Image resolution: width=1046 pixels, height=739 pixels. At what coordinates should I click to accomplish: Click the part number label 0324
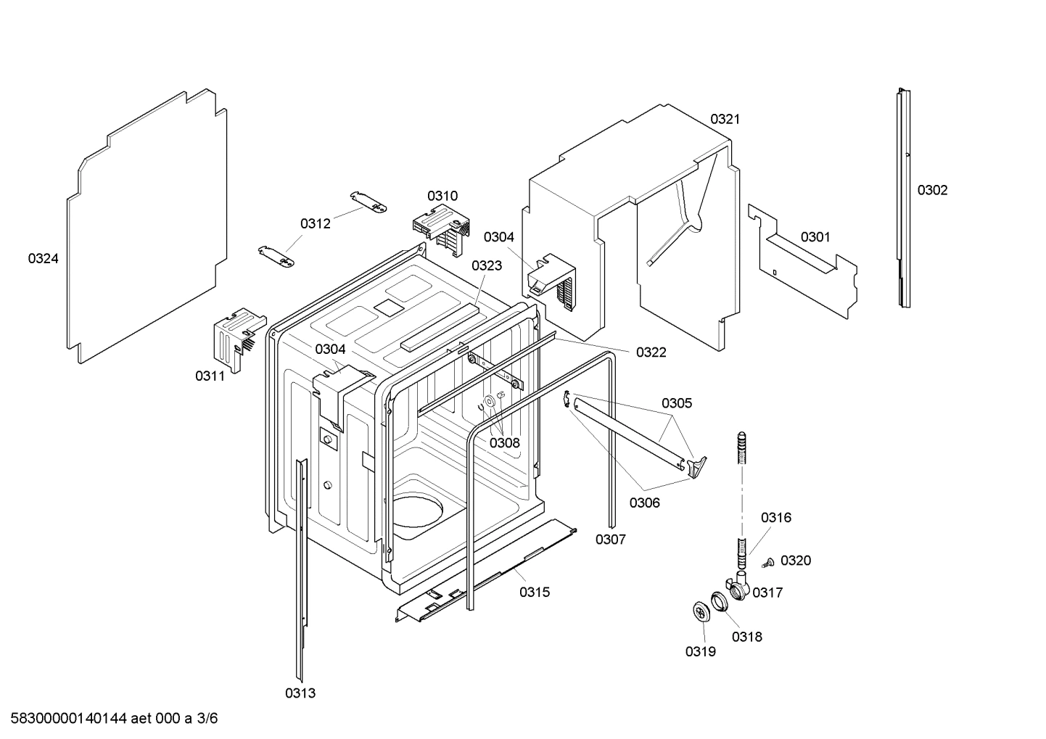[43, 258]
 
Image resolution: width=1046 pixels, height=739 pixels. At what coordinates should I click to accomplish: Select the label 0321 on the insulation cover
[725, 119]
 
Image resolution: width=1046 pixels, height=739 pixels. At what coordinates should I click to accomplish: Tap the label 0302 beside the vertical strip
[932, 190]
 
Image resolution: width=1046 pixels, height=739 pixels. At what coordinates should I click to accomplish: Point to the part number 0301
[815, 237]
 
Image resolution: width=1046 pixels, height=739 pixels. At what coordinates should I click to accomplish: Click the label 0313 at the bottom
[300, 693]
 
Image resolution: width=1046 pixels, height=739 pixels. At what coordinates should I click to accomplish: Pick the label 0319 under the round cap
[700, 651]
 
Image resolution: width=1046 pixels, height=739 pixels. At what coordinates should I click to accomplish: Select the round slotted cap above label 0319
[701, 612]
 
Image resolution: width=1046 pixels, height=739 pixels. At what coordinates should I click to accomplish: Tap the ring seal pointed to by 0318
[719, 601]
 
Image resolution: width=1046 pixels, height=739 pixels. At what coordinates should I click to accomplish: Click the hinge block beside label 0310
[441, 226]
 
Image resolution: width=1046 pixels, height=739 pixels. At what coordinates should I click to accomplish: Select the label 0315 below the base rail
[535, 593]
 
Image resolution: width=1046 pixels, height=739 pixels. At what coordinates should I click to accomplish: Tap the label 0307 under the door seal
[610, 539]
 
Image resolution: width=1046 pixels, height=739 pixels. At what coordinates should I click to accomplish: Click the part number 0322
[651, 352]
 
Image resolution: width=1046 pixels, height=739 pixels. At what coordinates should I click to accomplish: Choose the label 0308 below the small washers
[504, 442]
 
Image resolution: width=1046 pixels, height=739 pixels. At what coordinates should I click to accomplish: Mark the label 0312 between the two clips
[316, 223]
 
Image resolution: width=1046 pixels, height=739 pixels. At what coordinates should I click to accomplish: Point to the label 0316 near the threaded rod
[775, 517]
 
